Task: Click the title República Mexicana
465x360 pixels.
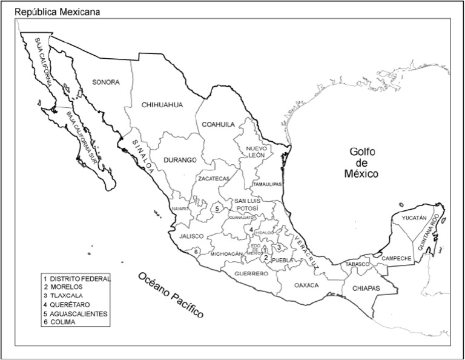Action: pyautogui.click(x=58, y=12)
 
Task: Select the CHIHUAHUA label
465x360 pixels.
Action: pyautogui.click(x=162, y=104)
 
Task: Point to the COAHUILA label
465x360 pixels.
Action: pyautogui.click(x=218, y=124)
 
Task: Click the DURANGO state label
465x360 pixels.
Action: pyautogui.click(x=180, y=161)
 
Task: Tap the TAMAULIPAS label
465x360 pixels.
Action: pyautogui.click(x=267, y=184)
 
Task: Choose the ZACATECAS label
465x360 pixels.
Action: pyautogui.click(x=213, y=179)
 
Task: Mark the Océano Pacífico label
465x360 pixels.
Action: pyautogui.click(x=171, y=296)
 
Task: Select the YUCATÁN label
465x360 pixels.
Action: pyautogui.click(x=414, y=218)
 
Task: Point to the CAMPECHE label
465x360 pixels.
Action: pyautogui.click(x=397, y=258)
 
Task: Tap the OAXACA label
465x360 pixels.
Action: pyautogui.click(x=306, y=285)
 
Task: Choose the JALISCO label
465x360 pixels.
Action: pyautogui.click(x=191, y=236)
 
